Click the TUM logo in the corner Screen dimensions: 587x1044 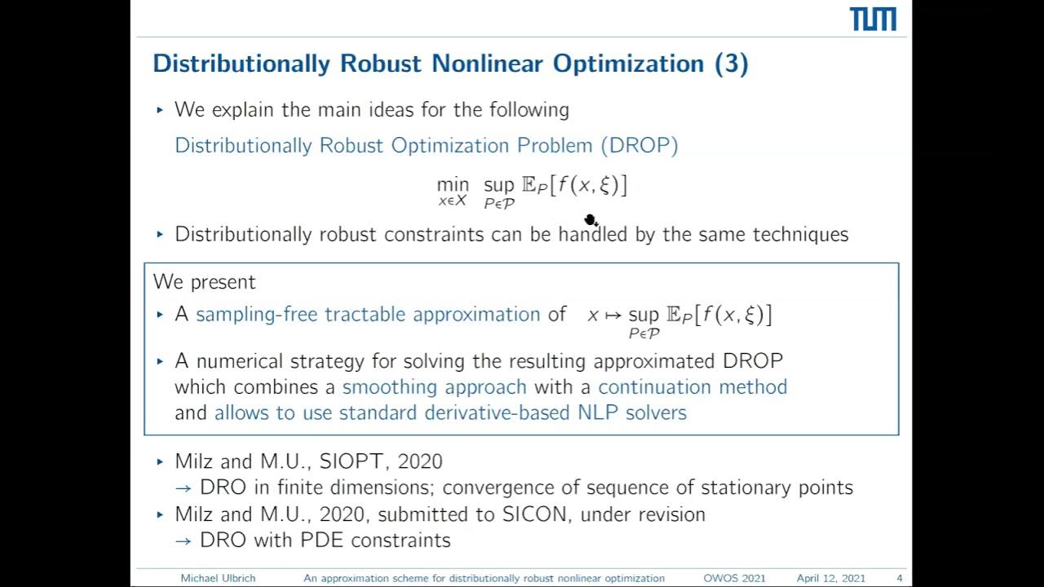pyautogui.click(x=873, y=20)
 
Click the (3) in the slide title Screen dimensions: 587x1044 pyautogui.click(x=731, y=64)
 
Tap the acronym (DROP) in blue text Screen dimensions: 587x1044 pyautogui.click(x=639, y=145)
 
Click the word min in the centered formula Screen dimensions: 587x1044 pyautogui.click(x=453, y=185)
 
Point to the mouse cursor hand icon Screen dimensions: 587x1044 pyautogui.click(x=591, y=220)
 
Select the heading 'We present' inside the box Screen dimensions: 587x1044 pyautogui.click(x=204, y=282)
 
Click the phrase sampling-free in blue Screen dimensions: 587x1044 pyautogui.click(x=257, y=315)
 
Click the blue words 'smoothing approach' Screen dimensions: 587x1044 pyautogui.click(x=434, y=386)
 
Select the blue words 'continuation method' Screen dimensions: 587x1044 pyautogui.click(x=692, y=386)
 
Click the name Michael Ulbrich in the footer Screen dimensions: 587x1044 pyautogui.click(x=218, y=578)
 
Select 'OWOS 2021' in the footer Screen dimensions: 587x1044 pyautogui.click(x=734, y=578)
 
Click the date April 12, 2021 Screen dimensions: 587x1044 pyautogui.click(x=830, y=578)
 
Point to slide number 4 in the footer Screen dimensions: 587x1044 pyautogui.click(x=899, y=578)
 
